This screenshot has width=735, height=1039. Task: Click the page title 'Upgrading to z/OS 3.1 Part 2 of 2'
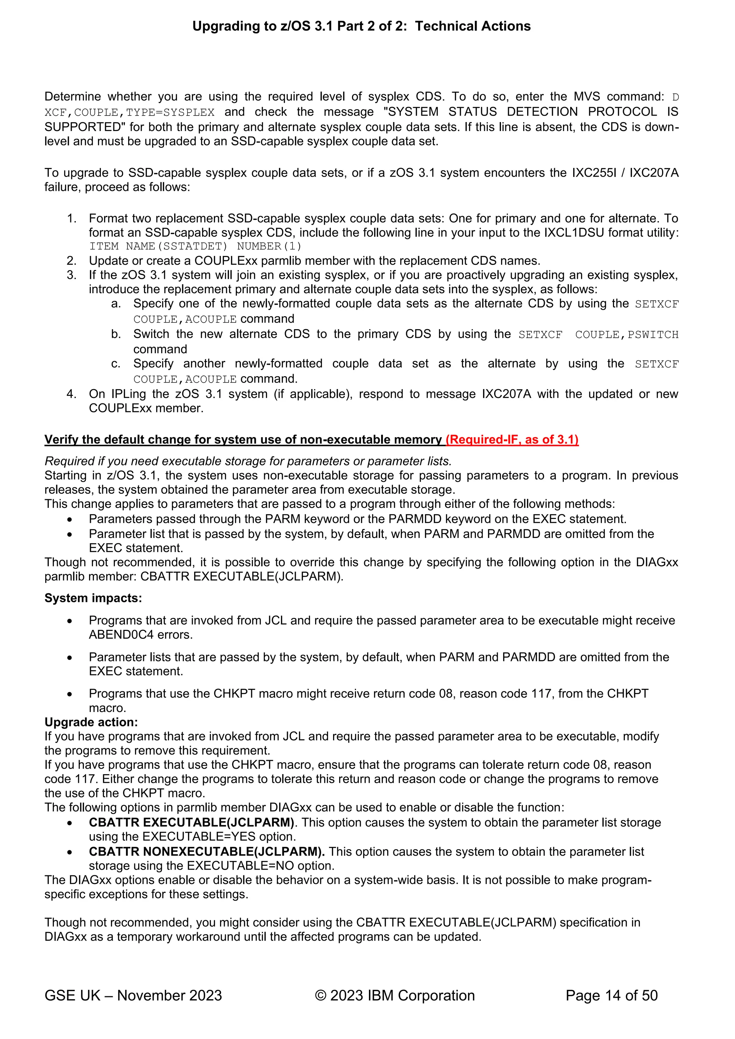coord(361,26)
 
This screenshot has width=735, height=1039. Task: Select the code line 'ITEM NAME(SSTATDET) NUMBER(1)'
coord(195,246)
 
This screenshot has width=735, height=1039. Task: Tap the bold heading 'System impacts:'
coord(93,598)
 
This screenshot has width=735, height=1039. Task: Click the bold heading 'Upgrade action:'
coord(91,722)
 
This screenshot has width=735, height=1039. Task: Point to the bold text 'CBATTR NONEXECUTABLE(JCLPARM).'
coord(207,852)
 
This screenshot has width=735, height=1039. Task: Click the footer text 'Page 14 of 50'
coord(612,996)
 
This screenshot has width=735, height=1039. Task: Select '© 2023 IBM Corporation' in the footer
coord(395,996)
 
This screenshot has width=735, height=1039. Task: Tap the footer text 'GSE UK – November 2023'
coord(133,996)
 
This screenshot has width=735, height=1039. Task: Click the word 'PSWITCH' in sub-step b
coord(653,335)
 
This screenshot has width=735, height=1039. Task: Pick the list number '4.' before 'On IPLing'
coord(71,394)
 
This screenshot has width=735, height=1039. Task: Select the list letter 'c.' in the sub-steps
coord(116,364)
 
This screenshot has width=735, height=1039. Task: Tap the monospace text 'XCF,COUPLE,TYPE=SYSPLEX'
coord(130,112)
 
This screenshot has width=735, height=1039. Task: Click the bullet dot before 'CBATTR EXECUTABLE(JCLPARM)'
coord(69,824)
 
